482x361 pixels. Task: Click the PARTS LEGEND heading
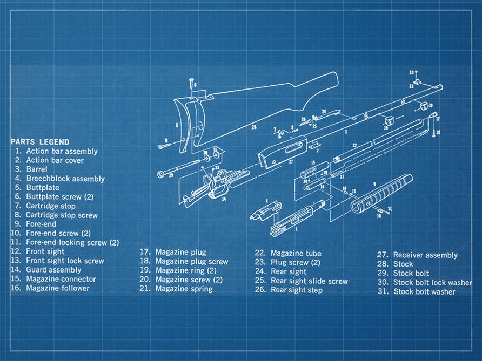click(x=39, y=141)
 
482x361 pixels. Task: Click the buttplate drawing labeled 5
click(x=186, y=121)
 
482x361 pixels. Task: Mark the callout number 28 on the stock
click(x=253, y=127)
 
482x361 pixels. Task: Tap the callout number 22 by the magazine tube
click(x=354, y=145)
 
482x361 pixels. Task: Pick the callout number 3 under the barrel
click(x=346, y=131)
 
